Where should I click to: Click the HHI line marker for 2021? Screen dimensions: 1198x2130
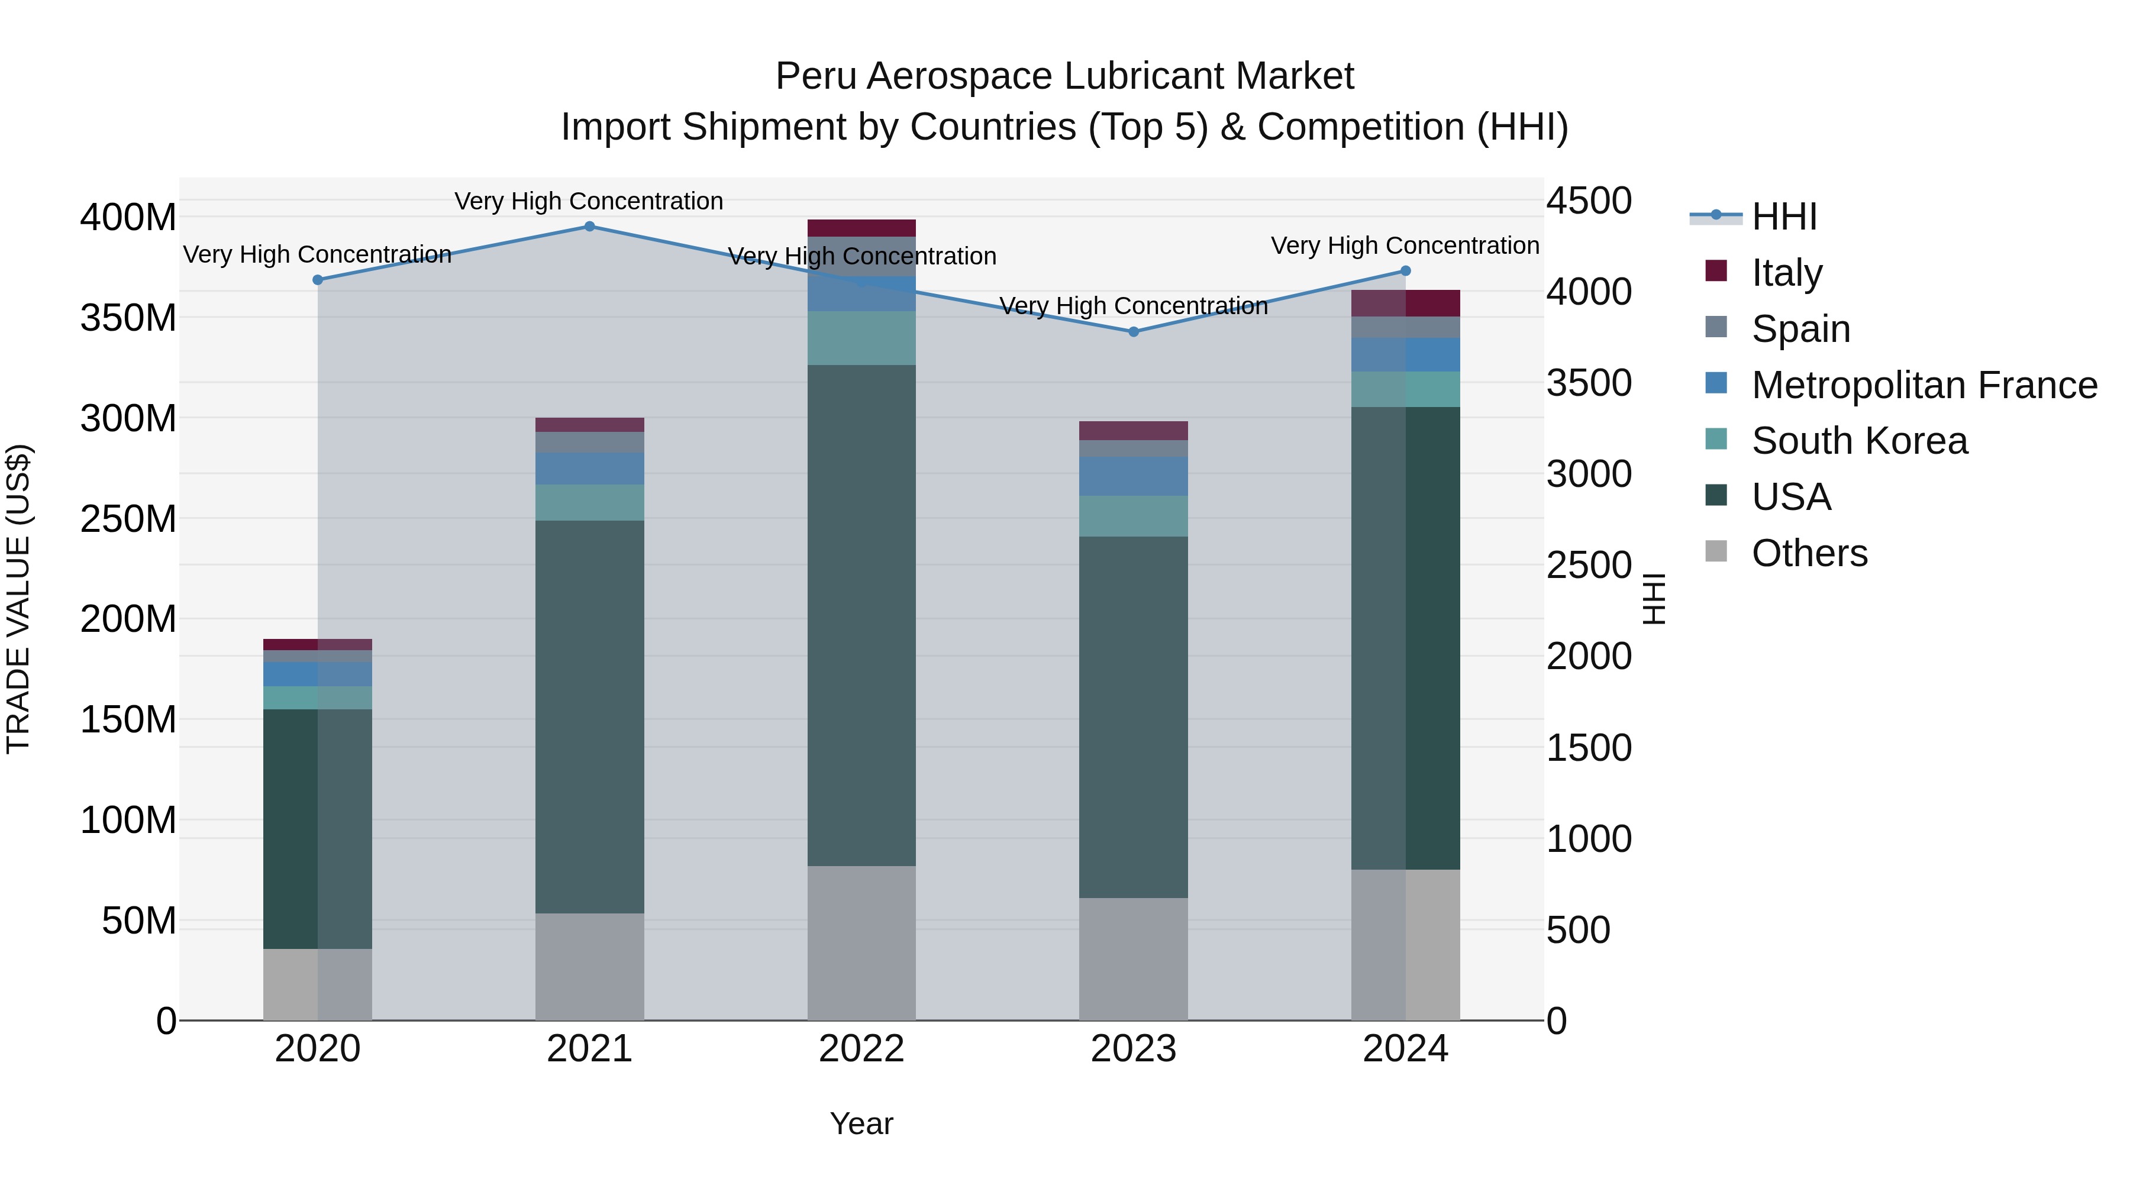(589, 227)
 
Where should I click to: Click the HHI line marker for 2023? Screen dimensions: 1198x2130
(1134, 331)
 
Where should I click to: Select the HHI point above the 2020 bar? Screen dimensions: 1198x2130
(318, 279)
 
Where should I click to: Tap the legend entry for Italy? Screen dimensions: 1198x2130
(1786, 273)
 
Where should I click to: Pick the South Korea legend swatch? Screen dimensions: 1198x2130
(1716, 440)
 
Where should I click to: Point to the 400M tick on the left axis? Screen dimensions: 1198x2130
(128, 218)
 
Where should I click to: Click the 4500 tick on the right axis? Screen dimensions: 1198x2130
(1589, 201)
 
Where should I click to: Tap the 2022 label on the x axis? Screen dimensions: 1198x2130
(861, 1049)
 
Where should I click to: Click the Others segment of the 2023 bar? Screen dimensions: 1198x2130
(1134, 959)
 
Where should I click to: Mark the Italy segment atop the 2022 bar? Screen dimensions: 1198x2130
(861, 228)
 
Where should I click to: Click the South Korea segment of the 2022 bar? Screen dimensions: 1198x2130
(861, 338)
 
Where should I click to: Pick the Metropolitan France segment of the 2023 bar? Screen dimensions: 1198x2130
(1134, 476)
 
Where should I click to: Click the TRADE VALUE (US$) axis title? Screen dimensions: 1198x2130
(18, 599)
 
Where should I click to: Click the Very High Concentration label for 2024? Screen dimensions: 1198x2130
(1405, 246)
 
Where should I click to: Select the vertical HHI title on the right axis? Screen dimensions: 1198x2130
(1653, 599)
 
